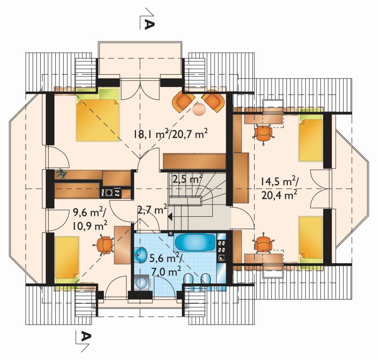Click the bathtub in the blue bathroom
click(195, 244)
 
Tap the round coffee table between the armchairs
click(199, 109)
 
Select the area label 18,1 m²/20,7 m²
click(171, 134)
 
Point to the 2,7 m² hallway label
click(152, 209)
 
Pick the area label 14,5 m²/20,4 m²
click(279, 188)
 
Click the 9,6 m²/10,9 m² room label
click(90, 219)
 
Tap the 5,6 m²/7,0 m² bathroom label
click(165, 265)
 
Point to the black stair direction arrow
click(170, 217)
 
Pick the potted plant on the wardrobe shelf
click(61, 173)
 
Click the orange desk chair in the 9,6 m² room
click(104, 245)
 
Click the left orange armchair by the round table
click(183, 102)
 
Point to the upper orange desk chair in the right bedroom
click(263, 133)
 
